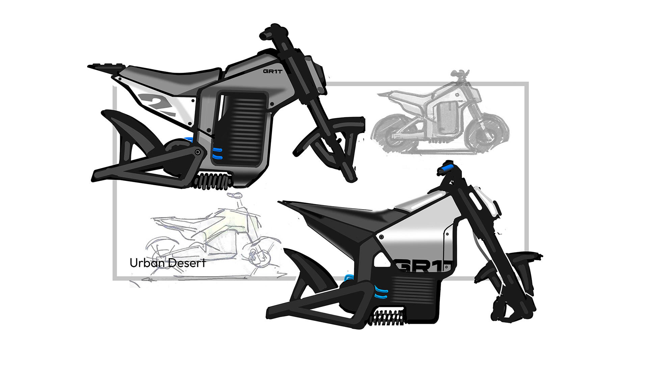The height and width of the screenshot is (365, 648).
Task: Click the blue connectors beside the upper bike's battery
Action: tap(217, 153)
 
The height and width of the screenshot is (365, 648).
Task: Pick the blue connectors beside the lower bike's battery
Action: tap(381, 292)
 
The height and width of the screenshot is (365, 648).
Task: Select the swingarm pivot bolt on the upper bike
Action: tap(197, 153)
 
